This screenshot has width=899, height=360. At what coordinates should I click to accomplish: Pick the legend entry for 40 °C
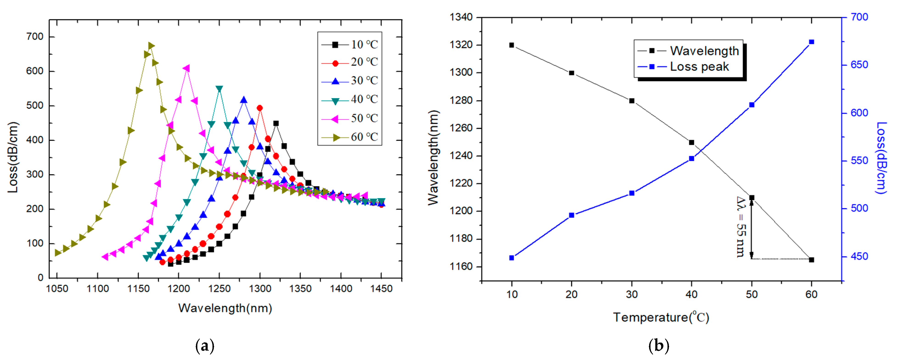pyautogui.click(x=349, y=100)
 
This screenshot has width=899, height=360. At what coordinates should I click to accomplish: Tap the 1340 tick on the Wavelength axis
pyautogui.click(x=461, y=17)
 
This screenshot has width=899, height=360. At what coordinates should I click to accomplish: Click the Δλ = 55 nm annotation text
pyautogui.click(x=740, y=227)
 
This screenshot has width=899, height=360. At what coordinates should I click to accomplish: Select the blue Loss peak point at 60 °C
pyautogui.click(x=811, y=42)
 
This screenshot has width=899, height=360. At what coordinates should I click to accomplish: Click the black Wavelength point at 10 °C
pyautogui.click(x=512, y=45)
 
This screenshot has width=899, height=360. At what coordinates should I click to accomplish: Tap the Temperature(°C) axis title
pyautogui.click(x=661, y=317)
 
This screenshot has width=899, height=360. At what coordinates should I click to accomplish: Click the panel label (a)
pyautogui.click(x=205, y=346)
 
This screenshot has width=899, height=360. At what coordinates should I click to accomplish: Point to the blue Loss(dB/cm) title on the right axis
pyautogui.click(x=881, y=158)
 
